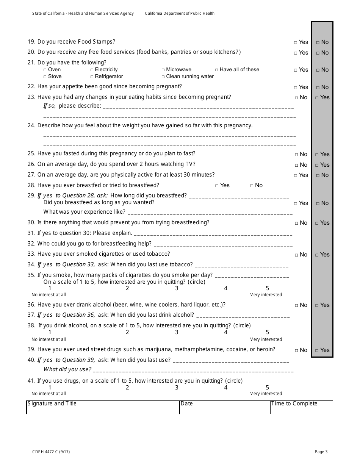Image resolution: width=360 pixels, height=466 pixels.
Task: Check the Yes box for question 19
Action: point(296,42)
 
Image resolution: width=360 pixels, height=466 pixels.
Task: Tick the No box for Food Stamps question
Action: point(318,42)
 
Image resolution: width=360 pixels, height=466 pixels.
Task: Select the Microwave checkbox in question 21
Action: point(163,70)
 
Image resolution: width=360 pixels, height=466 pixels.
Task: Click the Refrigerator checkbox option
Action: point(92,77)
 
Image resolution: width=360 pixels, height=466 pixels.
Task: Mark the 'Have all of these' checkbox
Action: point(217,70)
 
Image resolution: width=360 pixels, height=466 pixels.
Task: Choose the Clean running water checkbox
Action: point(163,77)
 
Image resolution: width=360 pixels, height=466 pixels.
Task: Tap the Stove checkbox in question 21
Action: point(45,77)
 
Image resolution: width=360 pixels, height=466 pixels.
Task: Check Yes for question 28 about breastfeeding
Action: point(217,186)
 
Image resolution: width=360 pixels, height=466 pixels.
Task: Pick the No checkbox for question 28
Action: point(252,186)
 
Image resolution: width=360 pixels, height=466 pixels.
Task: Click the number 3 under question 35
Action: point(177,288)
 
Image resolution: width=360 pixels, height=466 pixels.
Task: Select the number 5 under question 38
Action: point(267,332)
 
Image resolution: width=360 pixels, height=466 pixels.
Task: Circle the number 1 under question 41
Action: point(50,388)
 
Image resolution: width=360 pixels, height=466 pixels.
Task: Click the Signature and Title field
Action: point(103,407)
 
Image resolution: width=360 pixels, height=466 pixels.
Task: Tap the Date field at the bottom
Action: point(225,407)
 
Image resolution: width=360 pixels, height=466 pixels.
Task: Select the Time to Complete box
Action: point(301,407)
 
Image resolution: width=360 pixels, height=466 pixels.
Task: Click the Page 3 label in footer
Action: point(321,452)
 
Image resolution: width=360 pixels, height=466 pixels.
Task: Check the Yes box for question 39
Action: point(318,350)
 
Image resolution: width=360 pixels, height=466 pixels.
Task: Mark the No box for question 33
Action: point(297,255)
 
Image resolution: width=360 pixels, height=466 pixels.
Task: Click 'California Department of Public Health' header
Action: point(180,14)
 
